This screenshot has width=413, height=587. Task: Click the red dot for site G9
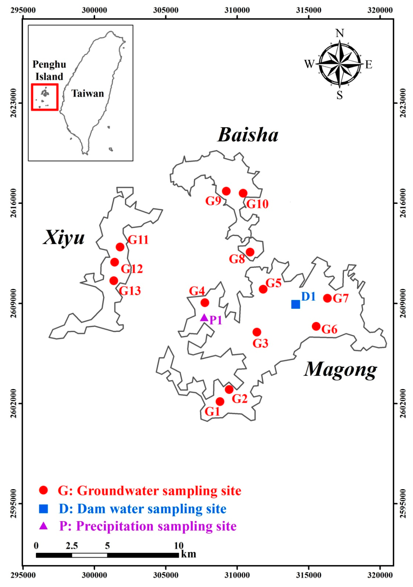pyautogui.click(x=226, y=191)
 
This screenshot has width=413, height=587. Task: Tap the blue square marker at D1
pyautogui.click(x=295, y=304)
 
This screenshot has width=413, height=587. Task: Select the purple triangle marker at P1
pyautogui.click(x=204, y=318)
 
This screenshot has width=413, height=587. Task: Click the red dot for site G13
pyautogui.click(x=114, y=280)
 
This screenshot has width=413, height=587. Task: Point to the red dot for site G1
pyautogui.click(x=220, y=401)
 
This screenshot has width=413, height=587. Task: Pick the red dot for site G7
pyautogui.click(x=327, y=298)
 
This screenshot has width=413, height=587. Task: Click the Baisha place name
pyautogui.click(x=248, y=135)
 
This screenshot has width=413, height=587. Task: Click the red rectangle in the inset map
pyautogui.click(x=45, y=97)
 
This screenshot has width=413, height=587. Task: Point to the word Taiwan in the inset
pyautogui.click(x=88, y=94)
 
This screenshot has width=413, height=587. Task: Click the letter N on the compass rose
pyautogui.click(x=339, y=33)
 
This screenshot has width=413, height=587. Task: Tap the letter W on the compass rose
pyautogui.click(x=309, y=64)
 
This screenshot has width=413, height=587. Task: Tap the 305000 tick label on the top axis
pyautogui.click(x=166, y=10)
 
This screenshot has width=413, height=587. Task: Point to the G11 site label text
pyautogui.click(x=138, y=240)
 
